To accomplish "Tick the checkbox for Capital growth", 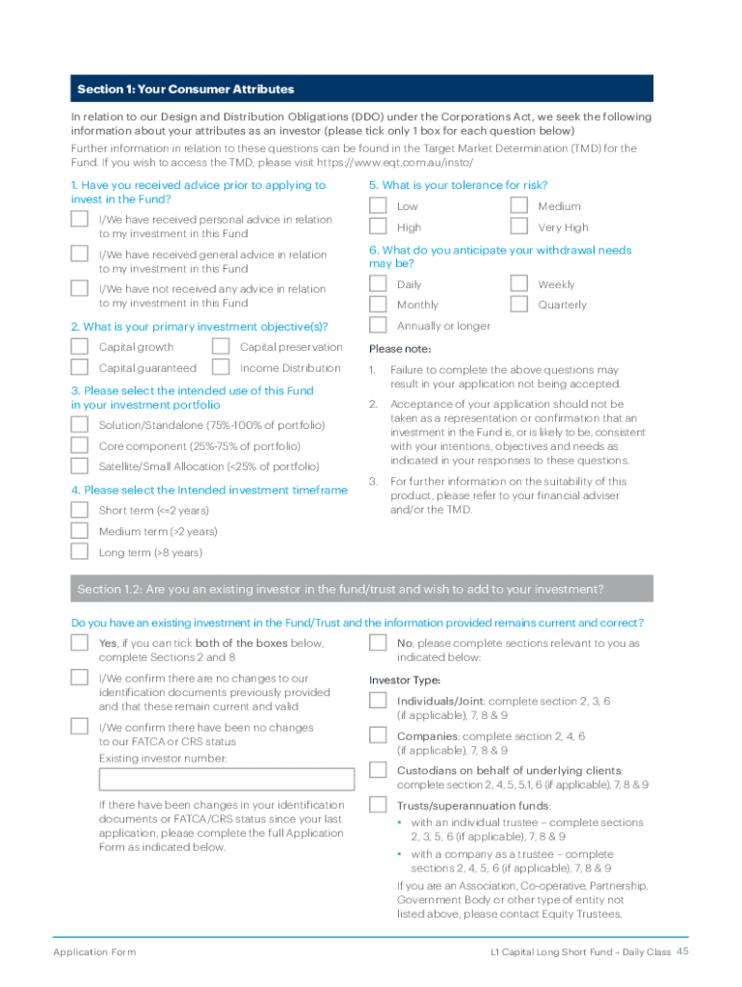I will (x=80, y=347).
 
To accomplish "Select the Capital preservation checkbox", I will (x=221, y=347).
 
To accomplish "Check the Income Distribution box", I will (x=221, y=367).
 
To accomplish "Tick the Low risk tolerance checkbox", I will (x=379, y=205).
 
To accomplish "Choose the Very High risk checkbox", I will (x=519, y=227).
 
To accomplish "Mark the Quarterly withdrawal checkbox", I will (x=519, y=305).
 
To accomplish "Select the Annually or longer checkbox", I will (x=379, y=326).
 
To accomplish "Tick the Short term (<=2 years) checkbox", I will (x=80, y=510).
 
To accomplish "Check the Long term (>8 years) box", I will (x=80, y=552).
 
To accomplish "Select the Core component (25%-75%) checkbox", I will (x=80, y=445).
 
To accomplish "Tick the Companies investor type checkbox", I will (x=379, y=735).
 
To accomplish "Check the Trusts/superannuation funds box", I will (x=379, y=805).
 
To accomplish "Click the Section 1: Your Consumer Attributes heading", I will (x=186, y=89).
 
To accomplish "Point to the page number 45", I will (x=682, y=951).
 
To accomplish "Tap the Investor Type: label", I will (x=405, y=680).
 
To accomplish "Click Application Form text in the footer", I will (x=94, y=952).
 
